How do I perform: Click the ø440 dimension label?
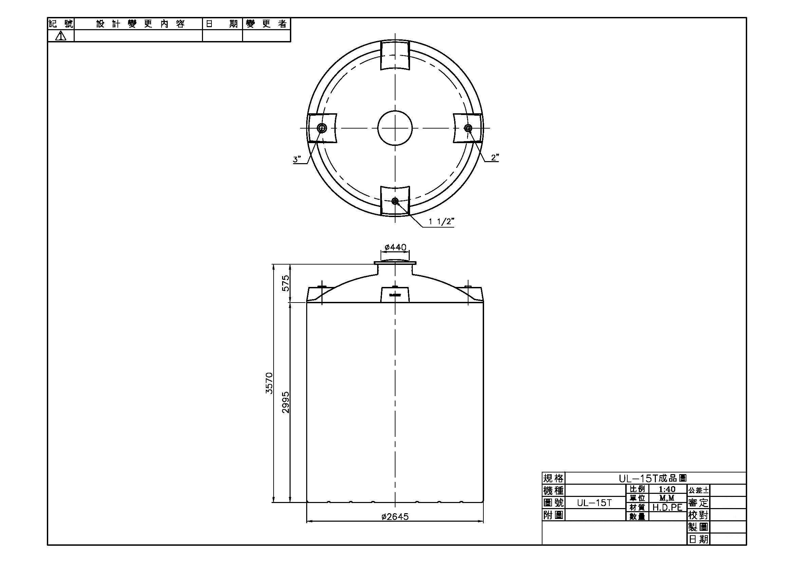pos(395,247)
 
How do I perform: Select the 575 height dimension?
pos(285,283)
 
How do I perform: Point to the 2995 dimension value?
pos(285,402)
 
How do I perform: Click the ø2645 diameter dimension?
pos(395,517)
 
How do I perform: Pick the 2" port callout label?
pos(495,157)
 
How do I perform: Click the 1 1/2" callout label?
pos(441,221)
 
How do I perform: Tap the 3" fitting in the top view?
pos(322,129)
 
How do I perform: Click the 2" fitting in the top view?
pos(468,128)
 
